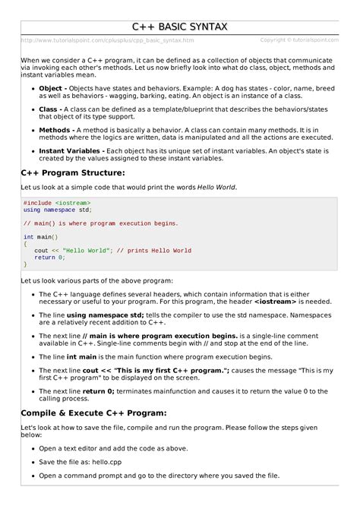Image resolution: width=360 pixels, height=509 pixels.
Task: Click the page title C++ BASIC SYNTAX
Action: (x=179, y=28)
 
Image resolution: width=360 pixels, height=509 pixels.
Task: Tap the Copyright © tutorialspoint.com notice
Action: (x=299, y=40)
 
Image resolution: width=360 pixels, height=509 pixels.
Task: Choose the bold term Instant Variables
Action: (x=71, y=152)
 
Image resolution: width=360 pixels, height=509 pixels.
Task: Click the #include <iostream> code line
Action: (x=57, y=203)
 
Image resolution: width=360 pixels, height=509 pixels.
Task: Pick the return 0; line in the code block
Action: (x=50, y=258)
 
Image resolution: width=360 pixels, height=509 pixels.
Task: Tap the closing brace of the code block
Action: (x=25, y=264)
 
